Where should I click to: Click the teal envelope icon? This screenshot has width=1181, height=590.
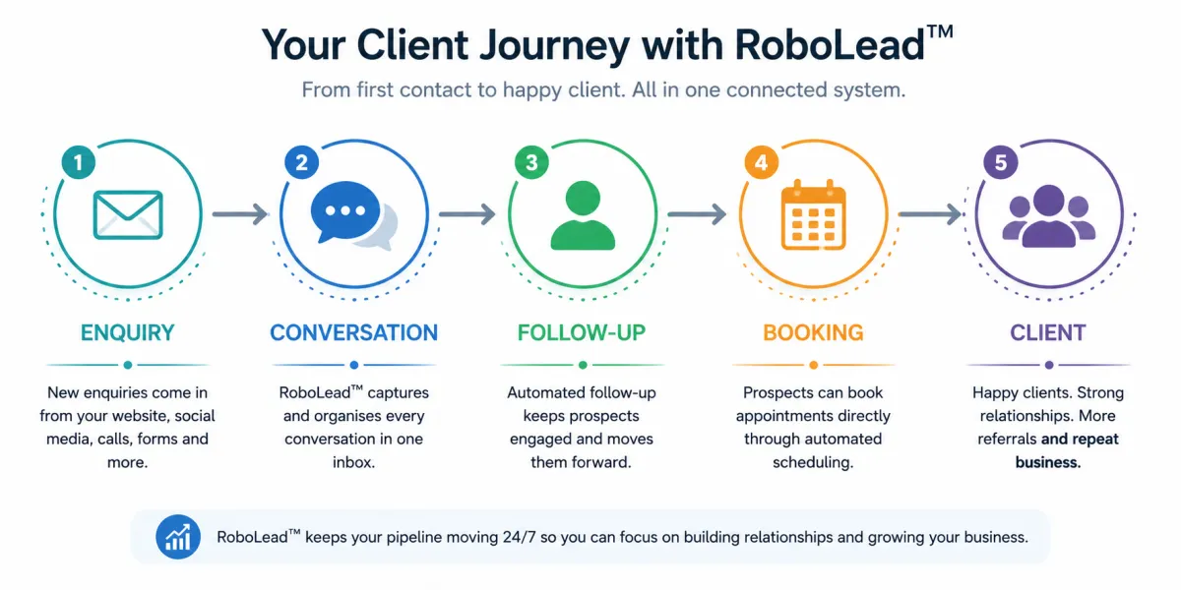click(128, 215)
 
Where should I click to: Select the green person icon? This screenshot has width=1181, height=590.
click(583, 215)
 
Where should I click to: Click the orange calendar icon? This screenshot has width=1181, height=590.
click(813, 215)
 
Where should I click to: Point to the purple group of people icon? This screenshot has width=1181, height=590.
click(1049, 216)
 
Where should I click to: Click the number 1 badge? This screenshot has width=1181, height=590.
click(79, 162)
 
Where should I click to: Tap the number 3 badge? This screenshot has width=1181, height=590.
click(531, 162)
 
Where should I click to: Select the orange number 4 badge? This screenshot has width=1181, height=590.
click(762, 162)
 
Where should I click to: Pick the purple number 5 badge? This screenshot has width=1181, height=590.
click(1001, 162)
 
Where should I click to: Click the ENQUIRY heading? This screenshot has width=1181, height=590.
click(128, 333)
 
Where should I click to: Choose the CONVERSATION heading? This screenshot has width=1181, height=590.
click(353, 333)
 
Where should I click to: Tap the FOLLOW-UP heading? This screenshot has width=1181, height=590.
click(582, 333)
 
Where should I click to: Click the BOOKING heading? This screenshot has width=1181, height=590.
click(813, 333)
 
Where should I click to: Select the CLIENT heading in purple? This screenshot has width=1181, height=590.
click(1048, 333)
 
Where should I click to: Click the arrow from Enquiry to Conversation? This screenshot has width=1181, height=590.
click(240, 214)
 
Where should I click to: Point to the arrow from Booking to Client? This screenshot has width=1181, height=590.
click(931, 214)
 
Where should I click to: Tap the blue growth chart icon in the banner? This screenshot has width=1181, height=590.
click(178, 537)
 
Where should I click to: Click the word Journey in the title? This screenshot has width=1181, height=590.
click(555, 46)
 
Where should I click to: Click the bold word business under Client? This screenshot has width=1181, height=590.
click(1048, 462)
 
